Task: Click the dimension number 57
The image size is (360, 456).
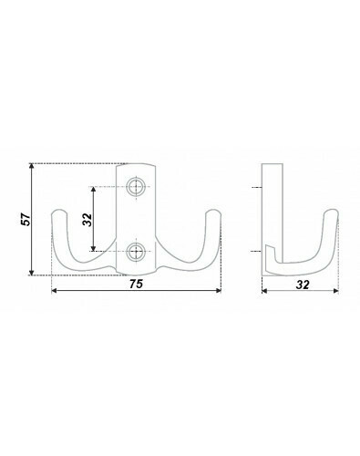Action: [x=26, y=219]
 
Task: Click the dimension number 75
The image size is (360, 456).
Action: [x=136, y=284]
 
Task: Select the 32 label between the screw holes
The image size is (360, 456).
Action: [x=87, y=220]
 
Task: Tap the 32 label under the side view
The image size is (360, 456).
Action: [x=303, y=285]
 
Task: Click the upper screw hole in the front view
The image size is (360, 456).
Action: [x=136, y=186]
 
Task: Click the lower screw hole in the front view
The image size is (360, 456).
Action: [x=136, y=252]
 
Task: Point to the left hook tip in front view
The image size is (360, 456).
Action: [x=59, y=212]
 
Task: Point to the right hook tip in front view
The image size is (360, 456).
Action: [x=213, y=212]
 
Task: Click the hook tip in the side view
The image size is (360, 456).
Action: [x=331, y=212]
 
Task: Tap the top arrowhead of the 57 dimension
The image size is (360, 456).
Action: [x=31, y=166]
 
